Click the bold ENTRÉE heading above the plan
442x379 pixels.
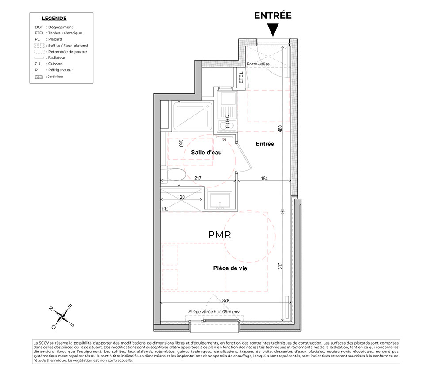pyautogui.click(x=273, y=15)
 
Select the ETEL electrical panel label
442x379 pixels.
pyautogui.click(x=241, y=77)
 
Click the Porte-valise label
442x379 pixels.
pyautogui.click(x=258, y=64)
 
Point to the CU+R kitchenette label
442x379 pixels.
pyautogui.click(x=228, y=121)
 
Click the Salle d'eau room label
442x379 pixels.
pyautogui.click(x=206, y=153)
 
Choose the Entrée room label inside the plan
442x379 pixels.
pyautogui.click(x=265, y=144)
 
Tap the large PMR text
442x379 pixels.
pyautogui.click(x=219, y=235)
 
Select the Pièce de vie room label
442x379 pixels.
pyautogui.click(x=230, y=268)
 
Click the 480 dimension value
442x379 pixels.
pyautogui.click(x=280, y=129)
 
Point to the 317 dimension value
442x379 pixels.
pyautogui.click(x=280, y=266)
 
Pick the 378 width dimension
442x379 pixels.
pyautogui.click(x=225, y=300)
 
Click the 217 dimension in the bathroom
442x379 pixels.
pyautogui.click(x=198, y=178)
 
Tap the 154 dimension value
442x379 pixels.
pyautogui.click(x=264, y=179)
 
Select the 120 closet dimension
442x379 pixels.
pyautogui.click(x=181, y=197)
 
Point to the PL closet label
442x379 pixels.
pyautogui.click(x=164, y=209)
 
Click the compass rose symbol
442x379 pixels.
pyautogui.click(x=62, y=317)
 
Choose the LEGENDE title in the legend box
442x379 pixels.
pyautogui.click(x=54, y=19)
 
